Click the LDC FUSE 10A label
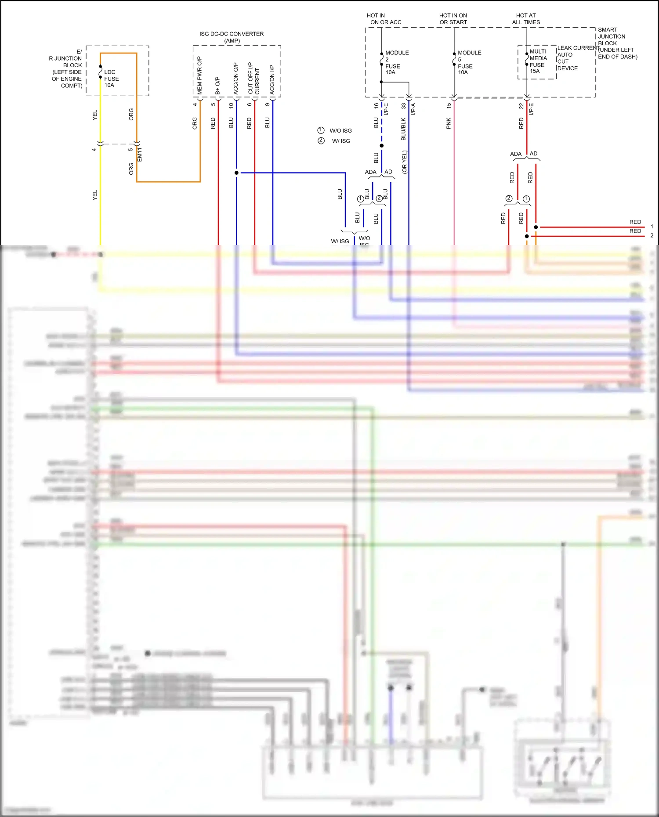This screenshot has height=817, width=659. click(111, 79)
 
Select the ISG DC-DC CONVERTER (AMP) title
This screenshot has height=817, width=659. click(232, 37)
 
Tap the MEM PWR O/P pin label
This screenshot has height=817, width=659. click(199, 76)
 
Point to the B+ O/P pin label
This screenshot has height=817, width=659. click(217, 86)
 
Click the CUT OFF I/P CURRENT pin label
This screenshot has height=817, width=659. click(253, 78)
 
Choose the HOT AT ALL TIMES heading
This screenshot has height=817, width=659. click(526, 19)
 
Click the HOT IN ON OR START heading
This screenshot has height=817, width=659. click(453, 19)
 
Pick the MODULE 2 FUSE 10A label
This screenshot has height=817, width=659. click(395, 62)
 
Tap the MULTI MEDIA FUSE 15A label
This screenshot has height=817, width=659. click(538, 61)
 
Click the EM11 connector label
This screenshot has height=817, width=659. click(140, 155)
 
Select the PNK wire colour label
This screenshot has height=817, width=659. click(449, 123)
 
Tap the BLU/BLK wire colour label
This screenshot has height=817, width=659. click(403, 129)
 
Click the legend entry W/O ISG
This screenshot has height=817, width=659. click(340, 131)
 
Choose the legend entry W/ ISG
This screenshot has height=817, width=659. click(341, 141)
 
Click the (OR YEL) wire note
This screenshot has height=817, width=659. click(405, 162)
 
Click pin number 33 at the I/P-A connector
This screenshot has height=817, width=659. click(403, 106)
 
